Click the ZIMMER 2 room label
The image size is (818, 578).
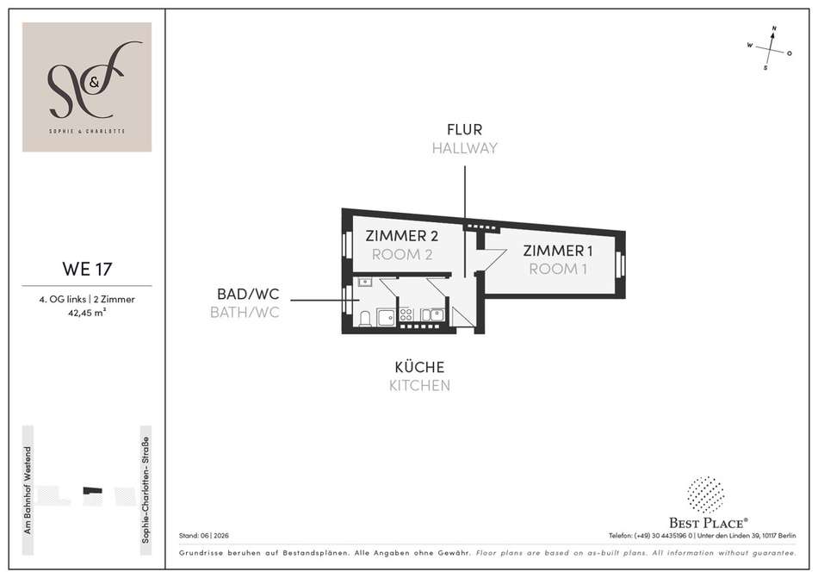click(x=402, y=236)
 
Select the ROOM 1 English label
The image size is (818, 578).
click(x=558, y=269)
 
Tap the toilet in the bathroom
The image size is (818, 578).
click(x=365, y=318)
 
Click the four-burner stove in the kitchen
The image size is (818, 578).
click(x=406, y=314)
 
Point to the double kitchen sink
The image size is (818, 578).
click(x=432, y=314)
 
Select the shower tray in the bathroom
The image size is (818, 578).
click(x=387, y=317)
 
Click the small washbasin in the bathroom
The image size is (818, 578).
click(x=365, y=283)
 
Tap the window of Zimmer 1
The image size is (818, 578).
click(x=620, y=265)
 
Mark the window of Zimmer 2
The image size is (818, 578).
click(x=345, y=243)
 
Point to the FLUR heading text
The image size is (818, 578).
click(x=464, y=129)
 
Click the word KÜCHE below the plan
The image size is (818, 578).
click(x=419, y=367)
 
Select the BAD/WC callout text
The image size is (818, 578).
click(x=248, y=294)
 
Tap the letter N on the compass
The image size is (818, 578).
click(x=774, y=28)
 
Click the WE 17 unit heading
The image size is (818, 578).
click(x=87, y=269)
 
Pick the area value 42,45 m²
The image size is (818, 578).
click(x=87, y=313)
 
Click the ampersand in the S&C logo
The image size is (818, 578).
click(x=93, y=81)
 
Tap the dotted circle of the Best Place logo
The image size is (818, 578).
click(x=705, y=494)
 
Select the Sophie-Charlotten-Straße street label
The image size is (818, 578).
click(x=146, y=490)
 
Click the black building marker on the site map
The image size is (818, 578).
click(x=93, y=490)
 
